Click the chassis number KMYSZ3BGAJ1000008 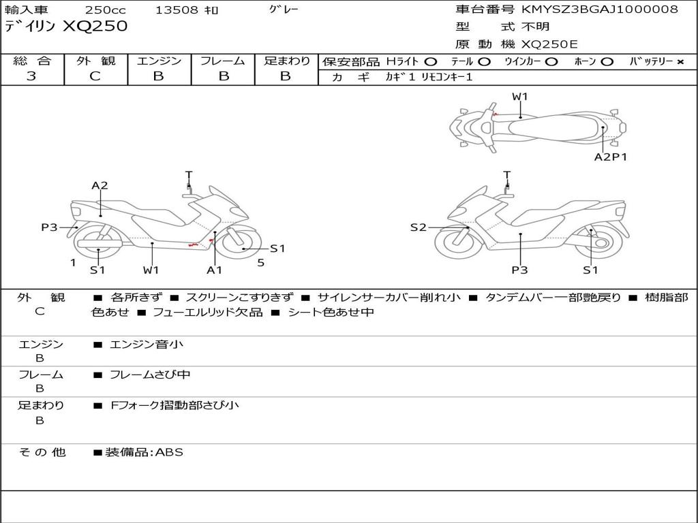click(x=600, y=10)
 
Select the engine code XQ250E click(x=549, y=45)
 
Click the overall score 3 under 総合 click(x=31, y=76)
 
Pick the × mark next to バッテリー click(x=680, y=62)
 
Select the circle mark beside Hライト click(x=430, y=62)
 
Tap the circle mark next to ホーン click(x=607, y=62)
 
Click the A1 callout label click(x=215, y=270)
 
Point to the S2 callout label click(x=418, y=227)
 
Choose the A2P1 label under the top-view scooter click(x=610, y=157)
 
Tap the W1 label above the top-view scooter click(x=520, y=97)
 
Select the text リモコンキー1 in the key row click(x=446, y=78)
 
